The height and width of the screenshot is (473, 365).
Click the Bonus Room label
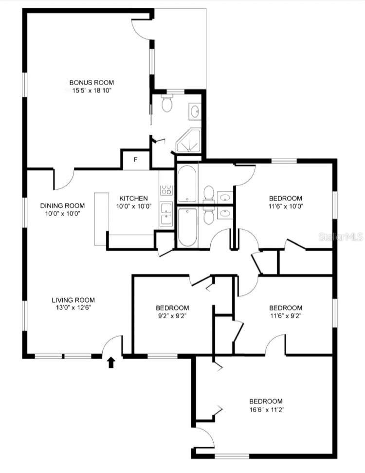click(91, 83)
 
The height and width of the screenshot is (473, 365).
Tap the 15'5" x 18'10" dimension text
click(91, 91)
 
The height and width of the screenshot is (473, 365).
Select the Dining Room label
click(62, 205)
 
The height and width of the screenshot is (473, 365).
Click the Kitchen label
click(133, 198)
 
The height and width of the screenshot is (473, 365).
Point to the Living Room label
click(73, 300)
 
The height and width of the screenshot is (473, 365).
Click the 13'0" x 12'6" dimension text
click(73, 308)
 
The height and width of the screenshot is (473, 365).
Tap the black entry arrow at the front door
click(111, 362)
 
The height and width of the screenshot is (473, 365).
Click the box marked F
click(136, 160)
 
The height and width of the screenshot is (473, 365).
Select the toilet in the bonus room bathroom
click(167, 104)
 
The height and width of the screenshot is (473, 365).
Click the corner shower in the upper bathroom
click(189, 141)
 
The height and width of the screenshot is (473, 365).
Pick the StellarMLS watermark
click(341, 237)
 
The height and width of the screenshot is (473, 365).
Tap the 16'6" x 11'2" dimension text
click(266, 409)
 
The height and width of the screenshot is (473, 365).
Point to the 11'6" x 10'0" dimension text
click(286, 206)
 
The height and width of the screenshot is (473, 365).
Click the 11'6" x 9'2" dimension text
click(286, 315)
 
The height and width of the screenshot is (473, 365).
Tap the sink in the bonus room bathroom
click(195, 111)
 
